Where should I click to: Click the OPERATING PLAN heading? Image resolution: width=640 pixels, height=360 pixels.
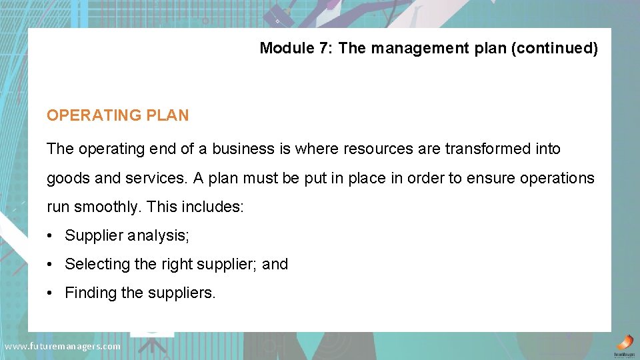(117, 115)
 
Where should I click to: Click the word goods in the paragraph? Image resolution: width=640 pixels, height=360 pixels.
(66, 178)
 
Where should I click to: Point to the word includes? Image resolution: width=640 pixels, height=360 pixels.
(212, 207)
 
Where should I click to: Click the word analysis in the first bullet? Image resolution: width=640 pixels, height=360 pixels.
(155, 235)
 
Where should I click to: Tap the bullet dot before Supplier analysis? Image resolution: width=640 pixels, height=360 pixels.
(51, 235)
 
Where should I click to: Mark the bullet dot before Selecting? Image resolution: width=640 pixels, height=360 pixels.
(51, 264)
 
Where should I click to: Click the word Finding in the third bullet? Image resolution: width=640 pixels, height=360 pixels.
(90, 293)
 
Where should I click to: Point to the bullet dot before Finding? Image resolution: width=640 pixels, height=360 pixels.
(51, 293)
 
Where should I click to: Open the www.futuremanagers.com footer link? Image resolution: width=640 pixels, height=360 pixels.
(63, 347)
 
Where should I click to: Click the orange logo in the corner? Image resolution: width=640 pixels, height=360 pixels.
(624, 342)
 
